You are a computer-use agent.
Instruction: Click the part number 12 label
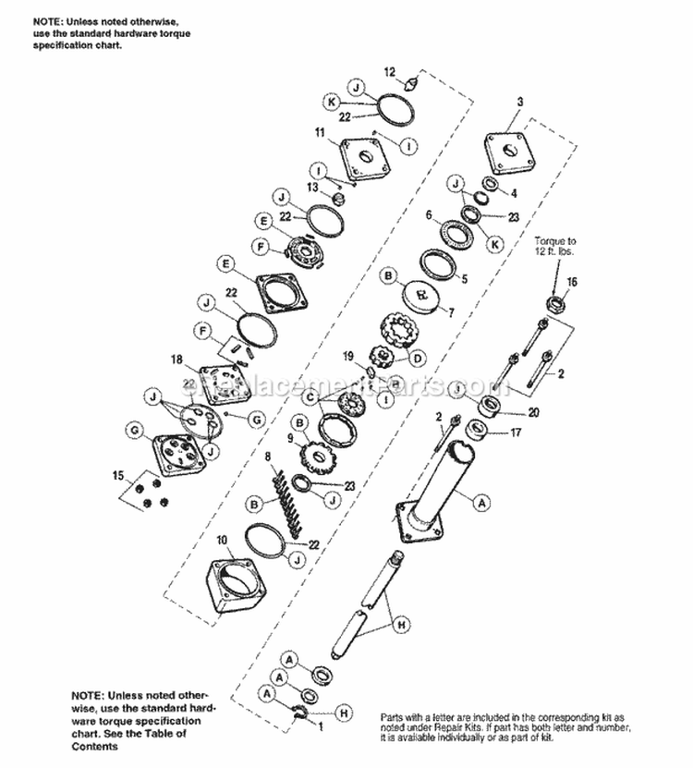389,71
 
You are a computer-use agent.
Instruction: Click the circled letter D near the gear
418,357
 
